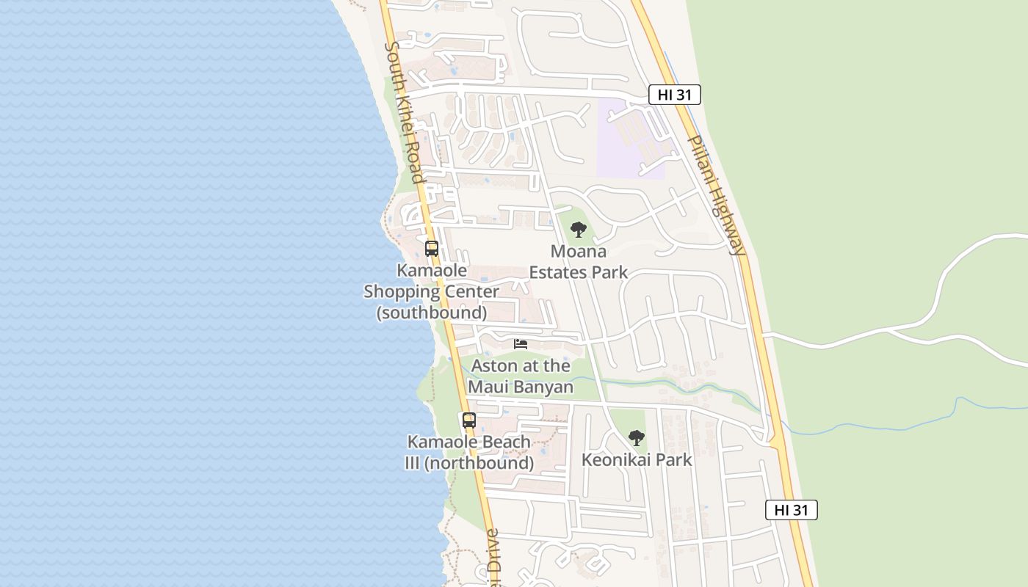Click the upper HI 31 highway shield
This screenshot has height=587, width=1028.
[674, 95]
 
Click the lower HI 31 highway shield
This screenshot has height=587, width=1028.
[791, 510]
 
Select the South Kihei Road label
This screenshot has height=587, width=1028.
[405, 112]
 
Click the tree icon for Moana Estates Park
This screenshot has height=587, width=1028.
[579, 230]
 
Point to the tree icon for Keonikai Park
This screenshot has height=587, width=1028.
[637, 438]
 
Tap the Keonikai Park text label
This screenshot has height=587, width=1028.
[637, 460]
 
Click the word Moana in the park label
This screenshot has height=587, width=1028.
[579, 252]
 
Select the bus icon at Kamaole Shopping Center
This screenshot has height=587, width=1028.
[432, 248]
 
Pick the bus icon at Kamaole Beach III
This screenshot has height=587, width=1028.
[469, 420]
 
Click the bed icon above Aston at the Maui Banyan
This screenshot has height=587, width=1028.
[521, 343]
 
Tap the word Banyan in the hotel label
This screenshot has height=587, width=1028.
[543, 387]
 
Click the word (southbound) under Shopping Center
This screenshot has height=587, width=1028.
[432, 313]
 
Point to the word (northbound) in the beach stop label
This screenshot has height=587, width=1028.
[479, 463]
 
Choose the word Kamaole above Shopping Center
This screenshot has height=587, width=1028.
[432, 270]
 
